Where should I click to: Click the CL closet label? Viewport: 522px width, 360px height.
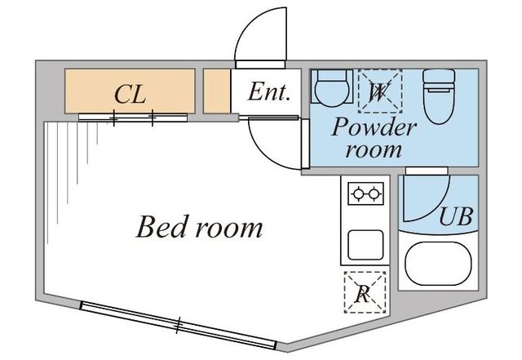click(130, 95)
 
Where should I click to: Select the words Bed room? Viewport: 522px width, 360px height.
click(199, 227)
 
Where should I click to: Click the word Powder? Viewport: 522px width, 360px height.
click(374, 127)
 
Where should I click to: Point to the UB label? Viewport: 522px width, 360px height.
click(456, 216)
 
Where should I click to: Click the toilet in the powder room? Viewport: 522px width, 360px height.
click(439, 96)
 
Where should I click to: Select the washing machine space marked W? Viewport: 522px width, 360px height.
click(380, 91)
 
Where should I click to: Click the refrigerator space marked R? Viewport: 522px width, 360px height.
click(365, 292)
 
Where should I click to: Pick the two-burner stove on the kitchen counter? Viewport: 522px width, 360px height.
click(365, 193)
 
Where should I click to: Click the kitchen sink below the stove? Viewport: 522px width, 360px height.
click(365, 245)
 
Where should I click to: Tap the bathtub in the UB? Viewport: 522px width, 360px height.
click(438, 264)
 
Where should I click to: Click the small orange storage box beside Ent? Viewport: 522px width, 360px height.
click(216, 91)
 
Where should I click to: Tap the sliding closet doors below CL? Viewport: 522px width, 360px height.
click(133, 118)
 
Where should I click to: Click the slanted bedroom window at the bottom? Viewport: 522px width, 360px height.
click(179, 326)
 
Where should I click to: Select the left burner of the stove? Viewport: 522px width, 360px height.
click(358, 193)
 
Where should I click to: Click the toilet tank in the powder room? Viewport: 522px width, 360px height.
click(439, 79)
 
